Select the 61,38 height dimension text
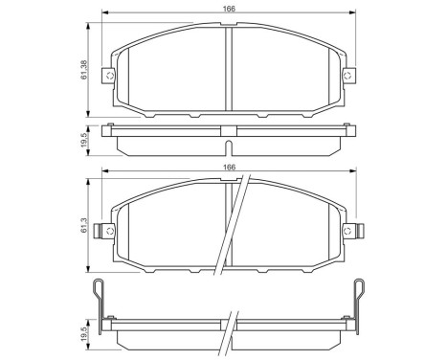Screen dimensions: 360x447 click(x=85, y=70)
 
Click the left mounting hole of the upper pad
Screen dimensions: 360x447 click(x=111, y=76)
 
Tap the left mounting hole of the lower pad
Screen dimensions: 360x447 click(x=111, y=230)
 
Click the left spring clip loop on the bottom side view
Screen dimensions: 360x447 click(x=99, y=292)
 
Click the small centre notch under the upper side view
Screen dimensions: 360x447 click(x=229, y=146)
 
